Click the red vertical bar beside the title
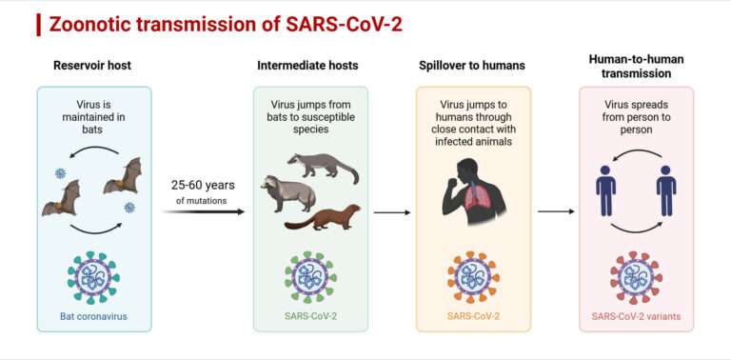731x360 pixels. coord(38,24)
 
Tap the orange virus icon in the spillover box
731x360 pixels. coord(472,276)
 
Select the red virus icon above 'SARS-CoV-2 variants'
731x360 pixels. coord(635,276)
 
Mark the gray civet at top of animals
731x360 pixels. coord(324,164)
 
